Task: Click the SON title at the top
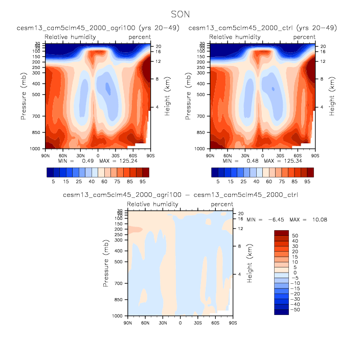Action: pyautogui.click(x=180, y=15)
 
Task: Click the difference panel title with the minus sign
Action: pyautogui.click(x=180, y=195)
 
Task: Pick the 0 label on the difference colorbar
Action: pyautogui.click(x=294, y=273)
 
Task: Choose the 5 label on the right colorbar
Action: pyautogui.click(x=218, y=181)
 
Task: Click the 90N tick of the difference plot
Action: pyautogui.click(x=128, y=323)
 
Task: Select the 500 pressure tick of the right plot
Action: pyautogui.click(x=202, y=95)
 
